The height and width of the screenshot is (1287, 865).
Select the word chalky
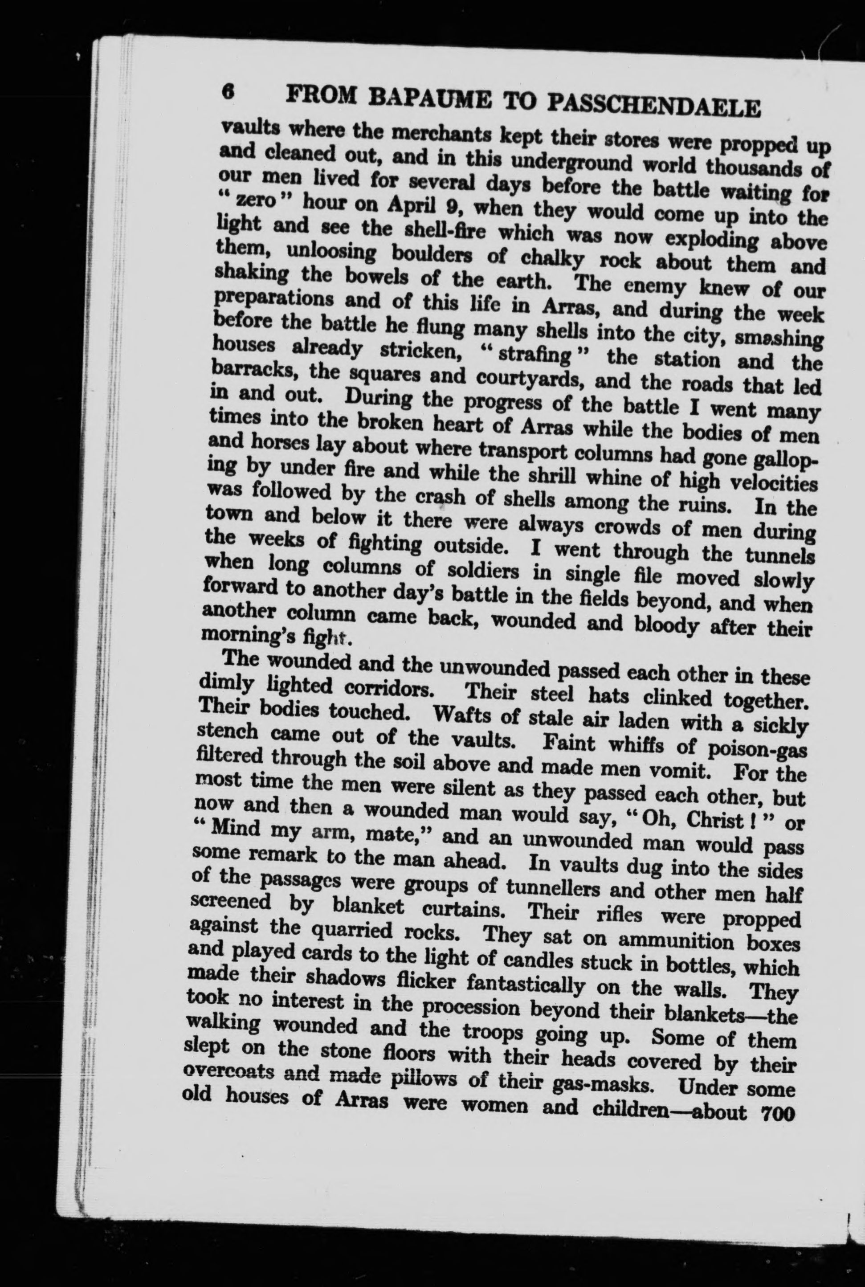point(543,259)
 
